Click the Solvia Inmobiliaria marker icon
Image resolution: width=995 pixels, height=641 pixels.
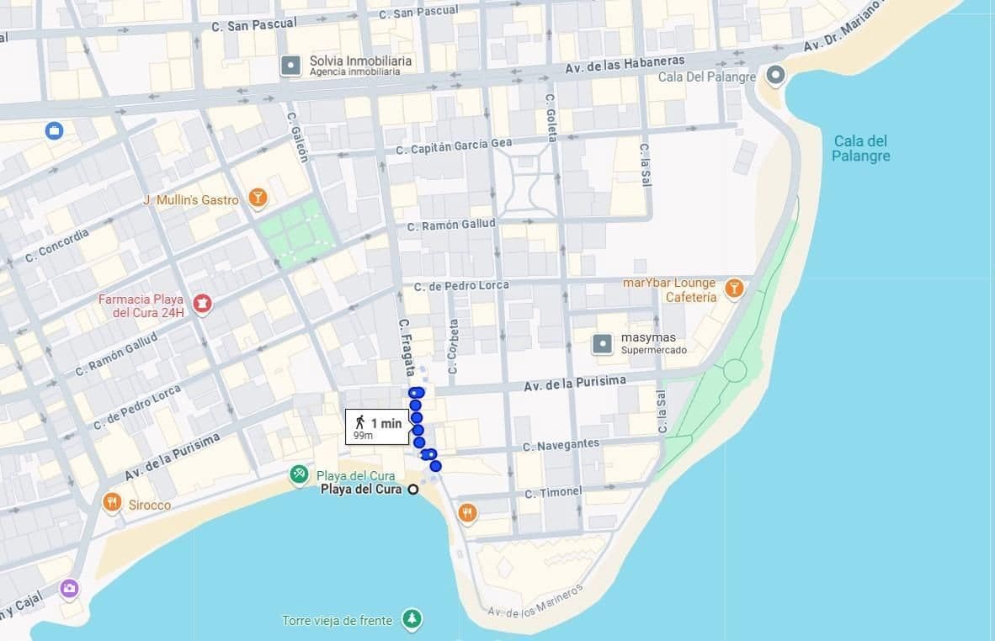[290, 65]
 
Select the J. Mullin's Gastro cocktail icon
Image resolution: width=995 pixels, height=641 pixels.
[258, 199]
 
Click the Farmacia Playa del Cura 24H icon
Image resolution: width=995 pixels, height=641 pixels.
[202, 303]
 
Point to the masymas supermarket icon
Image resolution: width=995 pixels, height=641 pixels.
[603, 343]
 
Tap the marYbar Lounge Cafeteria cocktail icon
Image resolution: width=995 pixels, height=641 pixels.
[734, 289]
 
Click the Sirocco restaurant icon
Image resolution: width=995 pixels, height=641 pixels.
[112, 502]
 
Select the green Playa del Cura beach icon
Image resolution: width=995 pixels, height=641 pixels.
[299, 475]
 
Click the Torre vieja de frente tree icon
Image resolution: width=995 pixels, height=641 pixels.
[412, 620]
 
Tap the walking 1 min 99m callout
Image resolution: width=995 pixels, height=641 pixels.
[377, 426]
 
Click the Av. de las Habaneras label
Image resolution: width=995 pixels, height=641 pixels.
[625, 64]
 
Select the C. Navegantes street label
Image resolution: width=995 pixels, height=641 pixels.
[561, 444]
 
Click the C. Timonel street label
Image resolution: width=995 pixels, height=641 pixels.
[552, 492]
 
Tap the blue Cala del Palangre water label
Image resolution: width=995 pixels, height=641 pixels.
[860, 148]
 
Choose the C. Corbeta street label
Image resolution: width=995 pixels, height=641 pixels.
[453, 346]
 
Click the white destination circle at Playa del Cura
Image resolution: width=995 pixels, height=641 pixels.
[412, 490]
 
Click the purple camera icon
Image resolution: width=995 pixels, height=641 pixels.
[70, 588]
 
